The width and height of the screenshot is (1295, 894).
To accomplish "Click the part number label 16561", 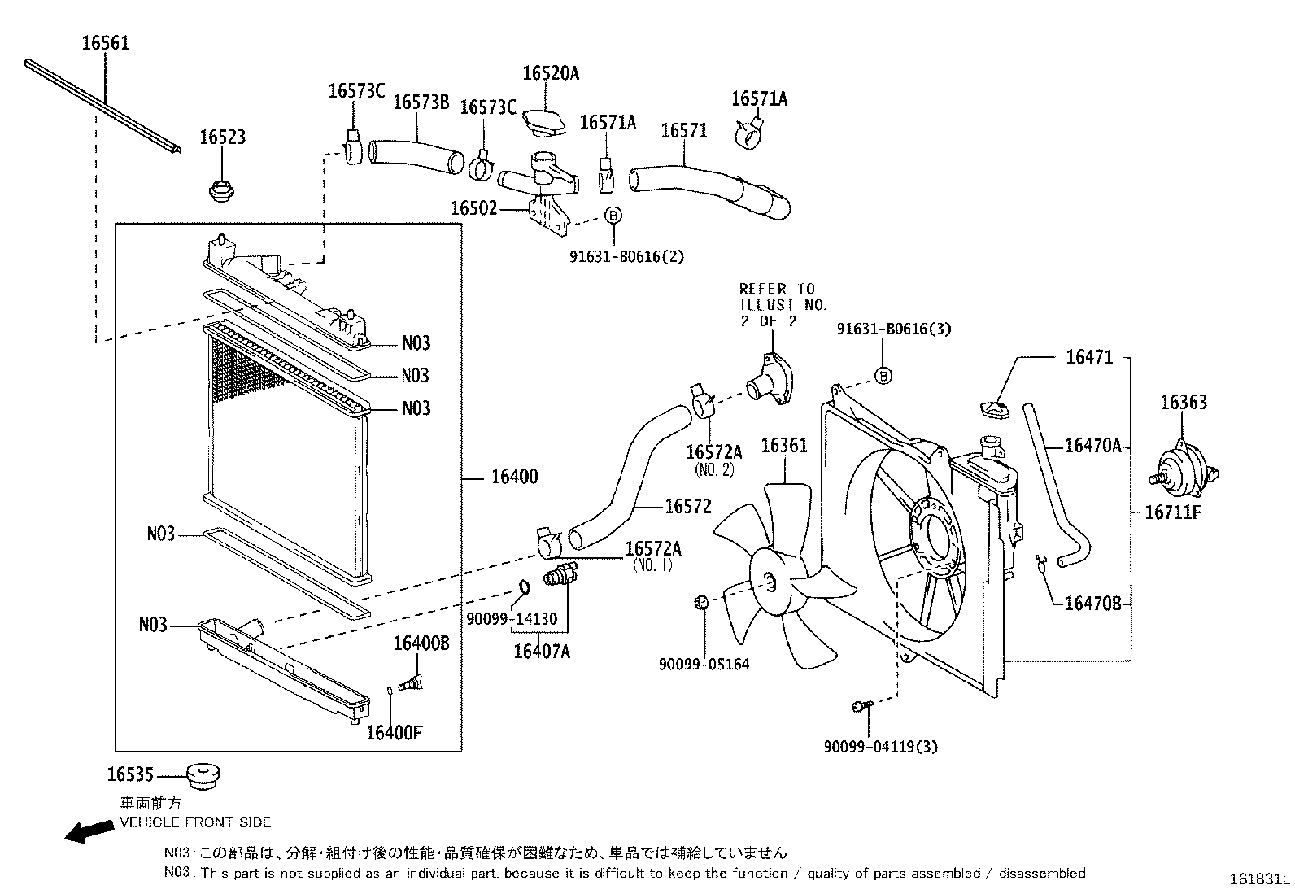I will [x=106, y=43].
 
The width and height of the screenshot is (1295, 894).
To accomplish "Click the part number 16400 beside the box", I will [x=514, y=477].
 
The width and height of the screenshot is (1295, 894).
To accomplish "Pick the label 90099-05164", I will [x=704, y=664].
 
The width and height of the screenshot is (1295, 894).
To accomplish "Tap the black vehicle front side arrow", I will [x=89, y=831].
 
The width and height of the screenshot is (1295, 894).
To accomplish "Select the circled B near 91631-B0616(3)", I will [x=883, y=375].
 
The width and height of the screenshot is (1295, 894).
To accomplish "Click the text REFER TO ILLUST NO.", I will [x=782, y=297].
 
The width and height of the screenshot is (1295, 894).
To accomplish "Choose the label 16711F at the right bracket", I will [x=1172, y=512].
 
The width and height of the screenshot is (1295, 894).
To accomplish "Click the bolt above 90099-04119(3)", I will [x=861, y=706].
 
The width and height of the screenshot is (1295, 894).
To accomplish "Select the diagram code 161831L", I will [x=1259, y=879].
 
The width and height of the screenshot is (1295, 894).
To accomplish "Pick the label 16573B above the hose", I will [x=421, y=102].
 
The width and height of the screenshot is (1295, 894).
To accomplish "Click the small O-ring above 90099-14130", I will [x=524, y=587].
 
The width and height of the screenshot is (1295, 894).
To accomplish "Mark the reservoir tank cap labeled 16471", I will [x=992, y=409].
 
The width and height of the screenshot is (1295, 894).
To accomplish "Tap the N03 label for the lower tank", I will [x=153, y=625].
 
